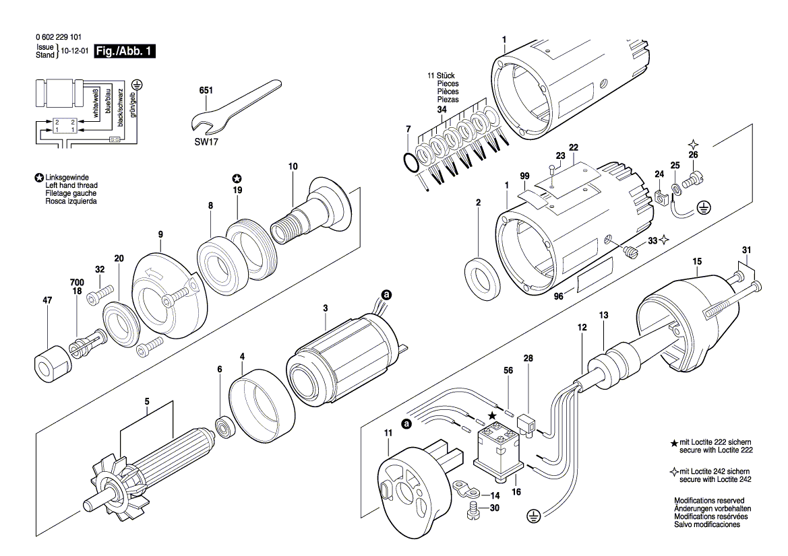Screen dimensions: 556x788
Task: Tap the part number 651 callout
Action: (206, 91)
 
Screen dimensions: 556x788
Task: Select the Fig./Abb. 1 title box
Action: (125, 51)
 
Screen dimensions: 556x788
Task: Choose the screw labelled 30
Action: (474, 513)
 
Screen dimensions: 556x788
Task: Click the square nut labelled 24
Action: (662, 199)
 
